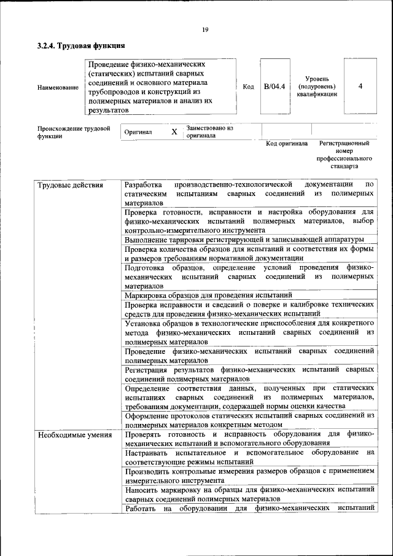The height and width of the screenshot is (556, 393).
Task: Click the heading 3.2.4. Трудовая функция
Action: coord(81,46)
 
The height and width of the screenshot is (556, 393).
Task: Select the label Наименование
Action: coord(58,88)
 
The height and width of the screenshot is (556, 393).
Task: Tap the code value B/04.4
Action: coord(274,86)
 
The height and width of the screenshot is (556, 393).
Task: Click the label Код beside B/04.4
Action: coord(248,87)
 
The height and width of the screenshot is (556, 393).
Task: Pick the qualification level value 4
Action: coord(360,86)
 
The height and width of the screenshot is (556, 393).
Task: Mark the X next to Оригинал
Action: coord(174,132)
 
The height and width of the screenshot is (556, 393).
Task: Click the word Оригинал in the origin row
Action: coord(138,132)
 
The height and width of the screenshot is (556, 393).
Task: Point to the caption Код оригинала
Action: coord(286,144)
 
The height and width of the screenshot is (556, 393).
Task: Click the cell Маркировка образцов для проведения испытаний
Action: coord(208,295)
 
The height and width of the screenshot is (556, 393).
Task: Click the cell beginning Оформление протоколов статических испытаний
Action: coord(249,420)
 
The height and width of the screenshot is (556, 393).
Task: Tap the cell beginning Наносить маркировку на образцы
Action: coord(249,495)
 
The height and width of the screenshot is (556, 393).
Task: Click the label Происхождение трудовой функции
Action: coord(74,133)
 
